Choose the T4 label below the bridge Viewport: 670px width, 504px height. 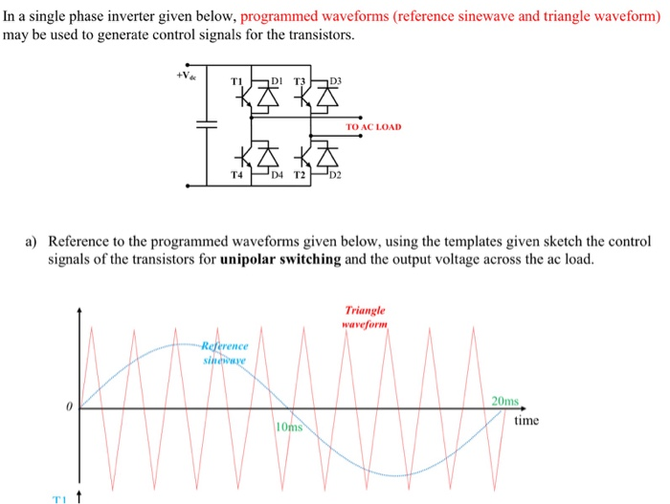(236, 175)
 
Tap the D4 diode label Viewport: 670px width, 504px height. (277, 176)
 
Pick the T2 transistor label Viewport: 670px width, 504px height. (299, 176)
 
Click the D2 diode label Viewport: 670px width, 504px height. (336, 176)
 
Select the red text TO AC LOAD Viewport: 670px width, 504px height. (374, 126)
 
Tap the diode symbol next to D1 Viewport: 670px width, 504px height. (261, 97)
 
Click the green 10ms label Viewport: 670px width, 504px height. (288, 426)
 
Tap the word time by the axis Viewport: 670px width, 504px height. (526, 420)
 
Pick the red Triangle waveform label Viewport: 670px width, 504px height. (363, 317)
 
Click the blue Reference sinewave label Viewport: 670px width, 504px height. (224, 351)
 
